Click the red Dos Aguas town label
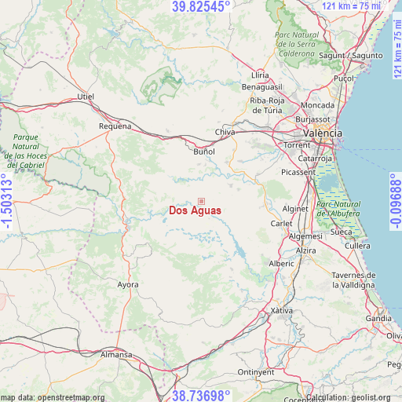coord(195,210)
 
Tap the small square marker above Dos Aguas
coord(201,202)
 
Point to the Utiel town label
coord(85,97)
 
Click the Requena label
coord(115,126)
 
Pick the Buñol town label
coord(203,151)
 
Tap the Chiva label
coord(225,132)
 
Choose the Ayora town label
coord(127,284)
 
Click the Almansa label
coord(116,355)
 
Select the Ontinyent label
coord(257,372)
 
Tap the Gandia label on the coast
coord(378,318)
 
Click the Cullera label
coord(357,246)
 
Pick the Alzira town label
coord(306,250)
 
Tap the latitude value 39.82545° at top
coord(201,6)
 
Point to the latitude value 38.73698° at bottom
coord(201,396)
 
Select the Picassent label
coord(298,172)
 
